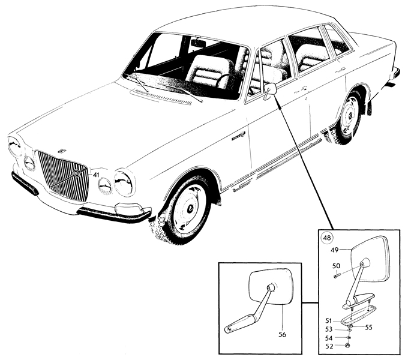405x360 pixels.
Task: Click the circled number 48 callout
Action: click(327, 238)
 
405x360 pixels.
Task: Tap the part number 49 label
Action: click(335, 250)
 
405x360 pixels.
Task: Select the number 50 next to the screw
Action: click(336, 266)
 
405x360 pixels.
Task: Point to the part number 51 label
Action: click(328, 321)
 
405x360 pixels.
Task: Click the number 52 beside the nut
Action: click(329, 346)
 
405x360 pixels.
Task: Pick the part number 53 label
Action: click(329, 329)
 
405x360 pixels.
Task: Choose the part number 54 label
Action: click(329, 338)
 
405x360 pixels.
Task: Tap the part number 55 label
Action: click(368, 328)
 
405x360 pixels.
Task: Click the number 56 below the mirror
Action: click(283, 334)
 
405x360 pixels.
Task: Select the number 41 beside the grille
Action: click(96, 175)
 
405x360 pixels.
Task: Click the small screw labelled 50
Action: click(335, 276)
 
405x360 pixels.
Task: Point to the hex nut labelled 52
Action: click(348, 345)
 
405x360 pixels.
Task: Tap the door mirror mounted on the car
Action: click(269, 91)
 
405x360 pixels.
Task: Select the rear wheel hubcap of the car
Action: click(349, 115)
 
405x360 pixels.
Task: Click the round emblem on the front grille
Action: click(77, 173)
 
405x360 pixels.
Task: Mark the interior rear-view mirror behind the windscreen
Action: click(198, 44)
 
